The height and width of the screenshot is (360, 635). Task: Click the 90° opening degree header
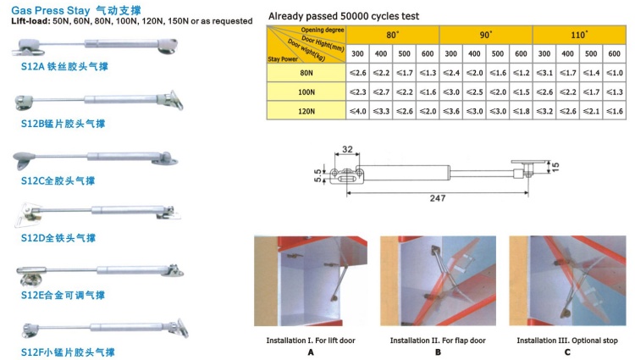tap(485, 35)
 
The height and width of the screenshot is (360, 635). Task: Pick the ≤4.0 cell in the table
tap(358, 111)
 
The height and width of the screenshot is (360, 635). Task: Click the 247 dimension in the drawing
tap(435, 197)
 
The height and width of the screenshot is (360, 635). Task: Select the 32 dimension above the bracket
tap(347, 151)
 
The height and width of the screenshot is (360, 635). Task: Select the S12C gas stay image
tap(94, 157)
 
